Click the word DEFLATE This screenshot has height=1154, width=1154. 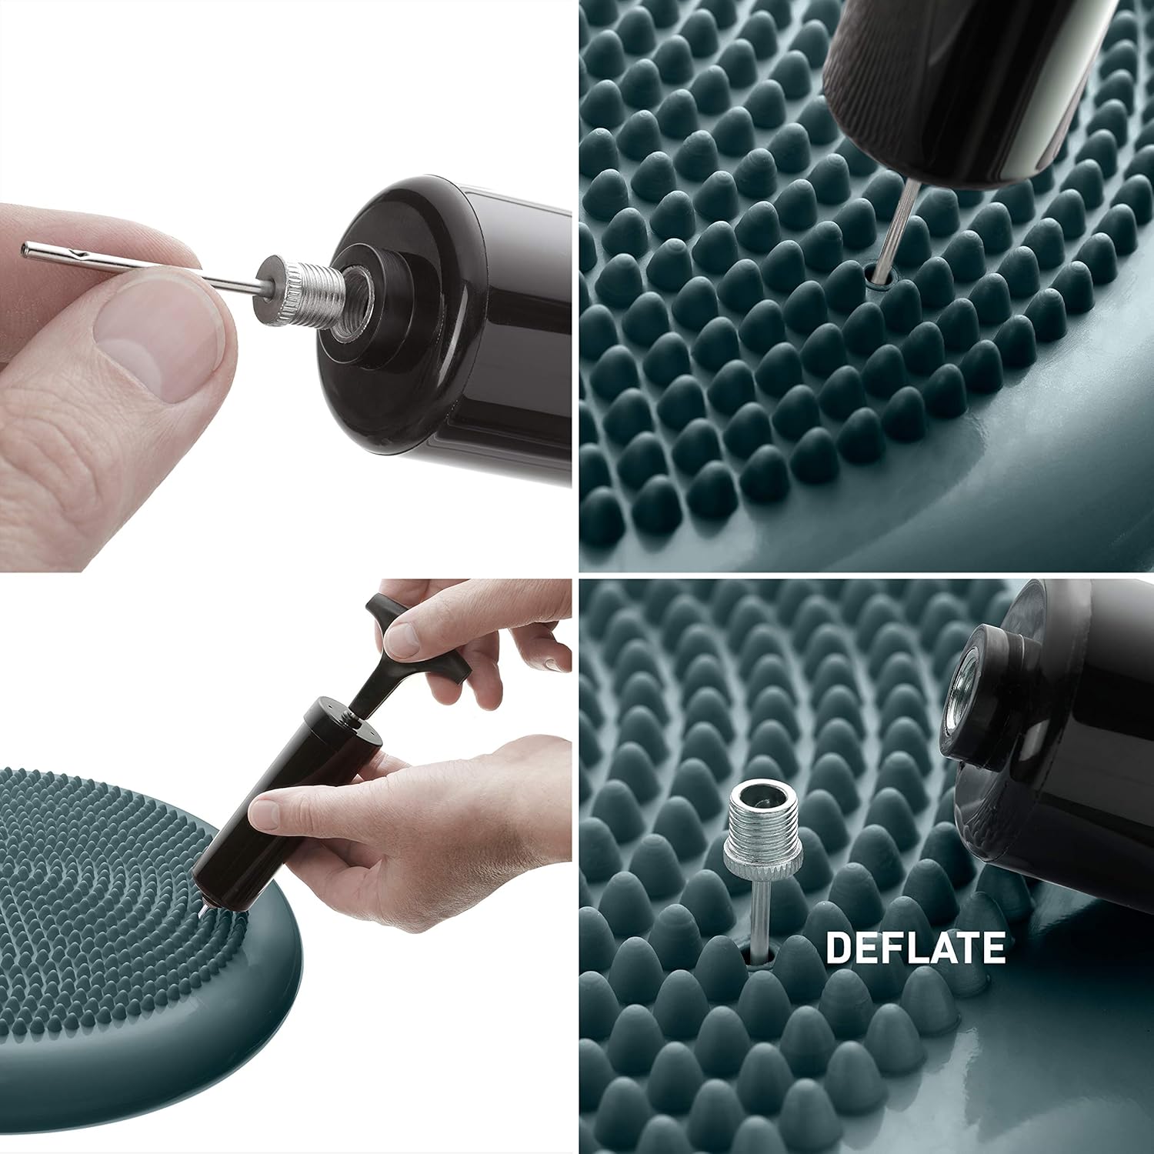915,947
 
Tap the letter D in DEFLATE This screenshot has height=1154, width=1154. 838,947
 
